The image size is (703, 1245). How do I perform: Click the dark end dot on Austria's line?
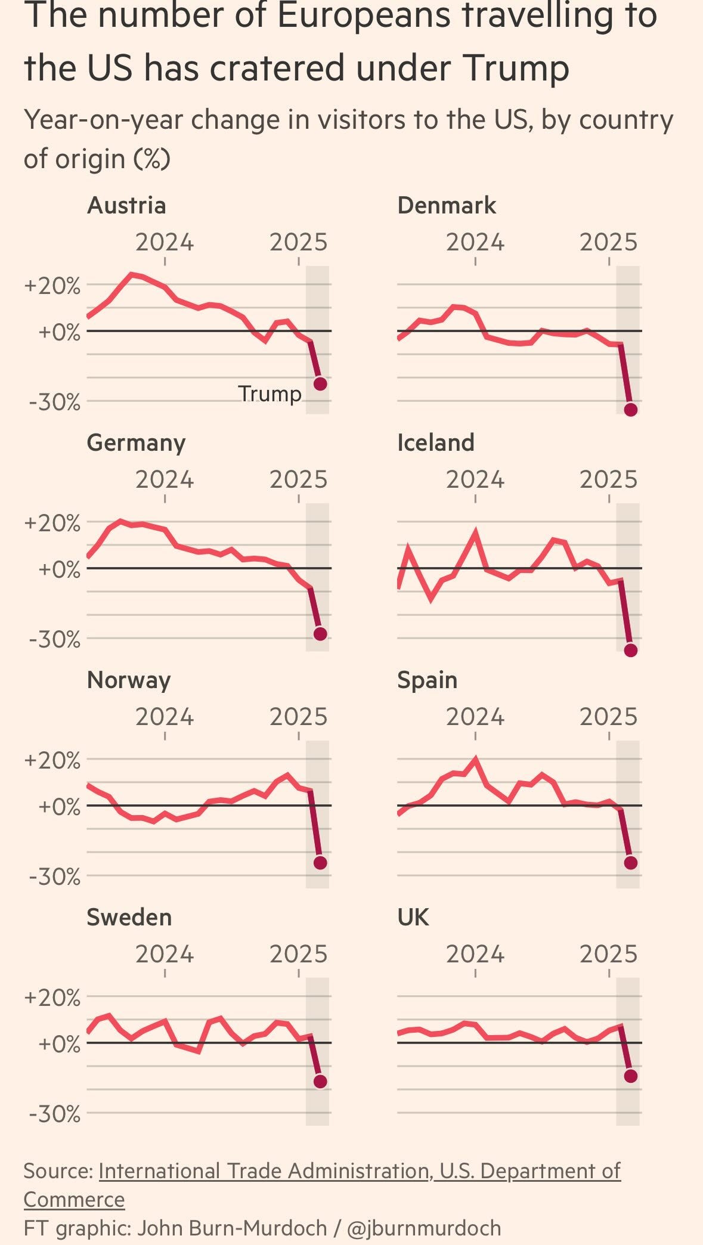tap(320, 384)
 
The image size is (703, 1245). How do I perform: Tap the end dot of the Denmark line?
tap(631, 410)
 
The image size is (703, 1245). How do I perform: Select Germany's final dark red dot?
tap(320, 634)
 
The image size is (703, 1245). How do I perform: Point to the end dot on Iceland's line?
tap(631, 650)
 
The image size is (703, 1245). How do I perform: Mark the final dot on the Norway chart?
tap(320, 863)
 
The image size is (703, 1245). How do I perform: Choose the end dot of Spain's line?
tap(631, 863)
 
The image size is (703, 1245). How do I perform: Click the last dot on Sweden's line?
tap(320, 1082)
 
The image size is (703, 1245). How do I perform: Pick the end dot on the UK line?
tap(631, 1076)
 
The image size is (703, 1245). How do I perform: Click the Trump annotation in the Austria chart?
tap(270, 394)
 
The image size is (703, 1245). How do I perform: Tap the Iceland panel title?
tap(436, 443)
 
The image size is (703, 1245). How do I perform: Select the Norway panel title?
tap(129, 680)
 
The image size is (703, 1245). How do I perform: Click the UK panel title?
tap(413, 917)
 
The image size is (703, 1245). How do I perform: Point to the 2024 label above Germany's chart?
tap(165, 480)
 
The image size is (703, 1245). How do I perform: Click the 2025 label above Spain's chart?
tap(609, 717)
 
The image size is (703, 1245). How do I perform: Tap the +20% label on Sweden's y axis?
tap(52, 998)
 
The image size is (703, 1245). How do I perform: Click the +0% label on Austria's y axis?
tap(59, 332)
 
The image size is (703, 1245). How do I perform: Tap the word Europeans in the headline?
tap(363, 16)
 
